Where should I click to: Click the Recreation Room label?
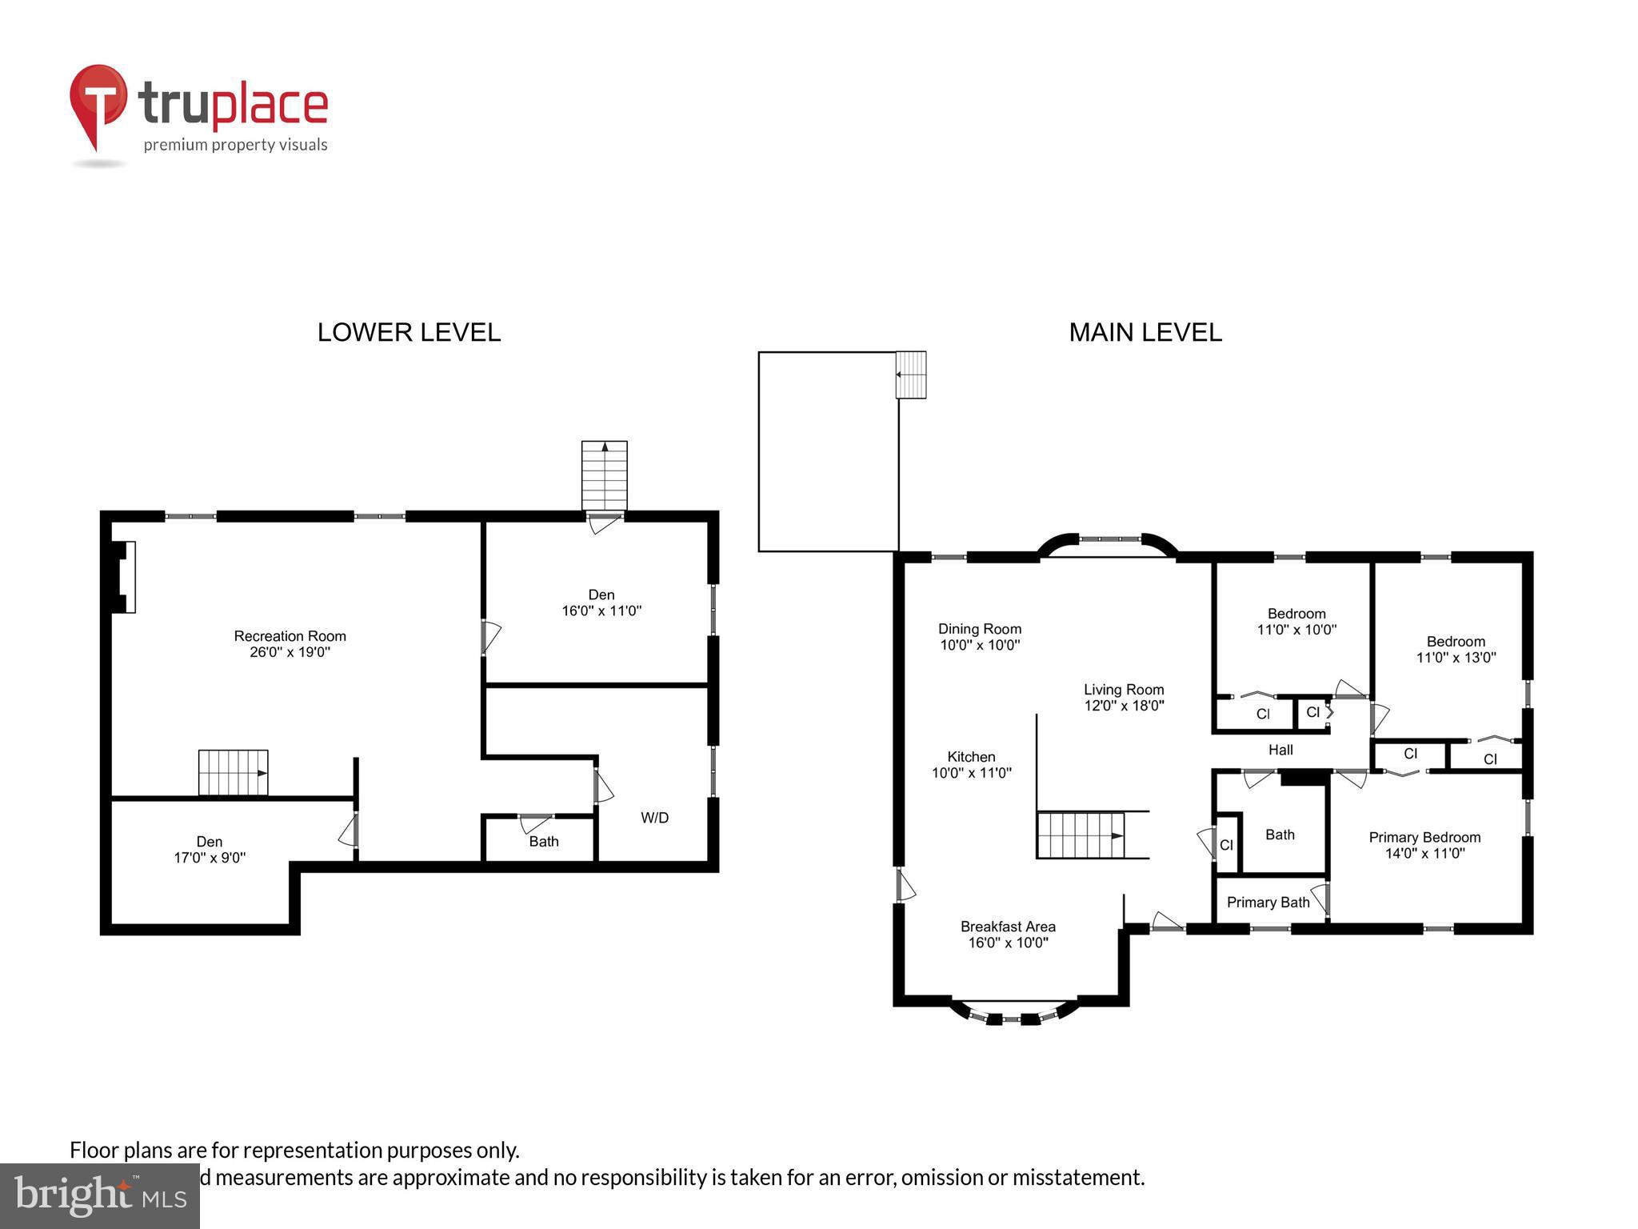[290, 636]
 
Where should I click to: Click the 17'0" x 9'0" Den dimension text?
[210, 858]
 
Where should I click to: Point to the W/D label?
[654, 818]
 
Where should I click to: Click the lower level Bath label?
[544, 842]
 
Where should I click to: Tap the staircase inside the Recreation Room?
[233, 773]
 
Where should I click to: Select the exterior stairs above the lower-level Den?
[604, 475]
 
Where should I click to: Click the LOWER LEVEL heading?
[409, 332]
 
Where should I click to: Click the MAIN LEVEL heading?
[1145, 332]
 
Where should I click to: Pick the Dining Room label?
[980, 629]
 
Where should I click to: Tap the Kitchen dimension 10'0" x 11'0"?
[972, 773]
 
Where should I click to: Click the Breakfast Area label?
[1008, 927]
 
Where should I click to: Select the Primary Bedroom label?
[1424, 838]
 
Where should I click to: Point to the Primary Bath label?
[1268, 903]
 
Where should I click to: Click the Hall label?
[1280, 750]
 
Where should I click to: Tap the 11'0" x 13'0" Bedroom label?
[1456, 650]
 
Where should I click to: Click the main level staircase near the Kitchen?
[1081, 835]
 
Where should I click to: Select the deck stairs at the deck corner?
[910, 374]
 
